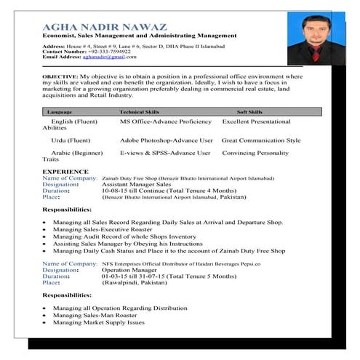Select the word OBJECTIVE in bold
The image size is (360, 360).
coord(60,76)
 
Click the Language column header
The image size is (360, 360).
coord(59,113)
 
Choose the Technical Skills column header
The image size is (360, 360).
coord(139,113)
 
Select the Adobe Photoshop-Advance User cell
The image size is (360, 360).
coord(167,140)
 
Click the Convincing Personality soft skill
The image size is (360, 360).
coord(255,153)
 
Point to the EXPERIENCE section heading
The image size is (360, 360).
coord(65,172)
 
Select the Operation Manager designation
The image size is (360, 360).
coord(130,270)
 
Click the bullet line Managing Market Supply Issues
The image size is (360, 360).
coord(98,322)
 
